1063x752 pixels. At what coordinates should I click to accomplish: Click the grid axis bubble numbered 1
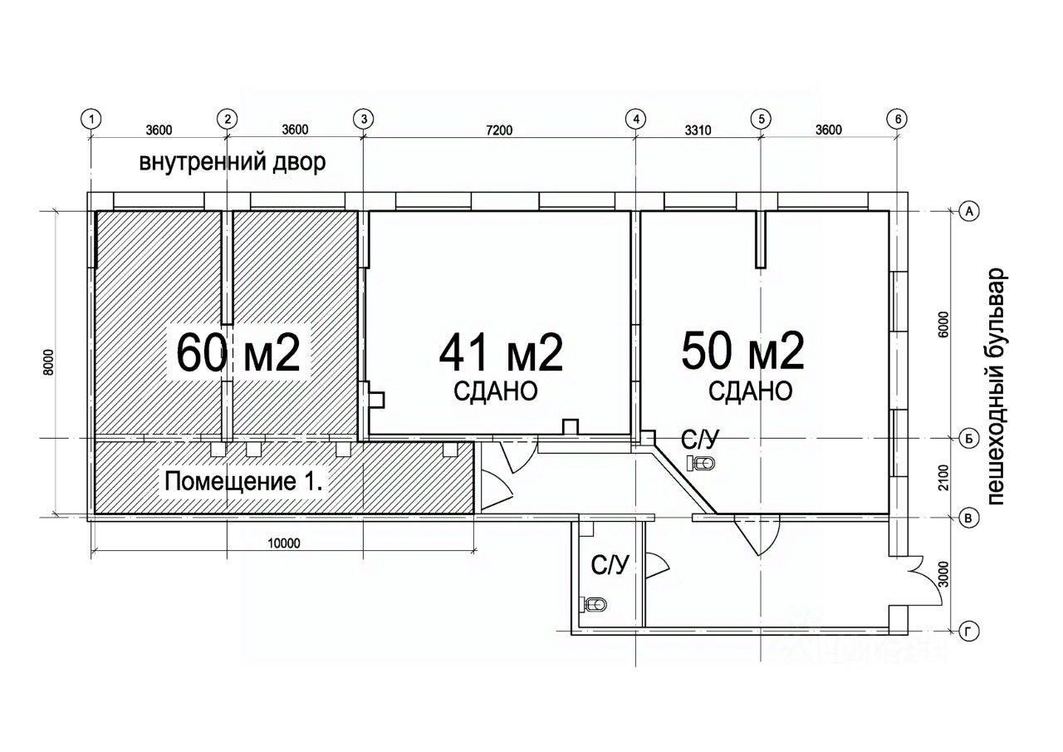point(91,119)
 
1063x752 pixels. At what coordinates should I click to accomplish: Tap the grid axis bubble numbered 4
point(636,119)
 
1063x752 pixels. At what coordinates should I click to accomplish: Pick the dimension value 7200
point(499,130)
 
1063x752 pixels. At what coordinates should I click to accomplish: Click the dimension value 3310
point(698,130)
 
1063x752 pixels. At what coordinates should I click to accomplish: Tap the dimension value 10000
point(284,543)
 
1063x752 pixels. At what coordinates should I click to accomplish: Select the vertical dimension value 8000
point(48,363)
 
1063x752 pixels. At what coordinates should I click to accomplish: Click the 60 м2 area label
point(238,354)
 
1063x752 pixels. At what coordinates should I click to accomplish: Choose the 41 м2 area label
point(501,354)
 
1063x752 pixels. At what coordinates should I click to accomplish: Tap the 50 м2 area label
point(742,351)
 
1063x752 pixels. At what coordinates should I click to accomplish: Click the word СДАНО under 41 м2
point(496,391)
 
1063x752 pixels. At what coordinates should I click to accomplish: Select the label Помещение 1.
point(243,482)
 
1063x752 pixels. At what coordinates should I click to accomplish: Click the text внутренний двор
point(233,162)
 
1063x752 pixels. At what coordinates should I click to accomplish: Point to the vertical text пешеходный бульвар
point(996,387)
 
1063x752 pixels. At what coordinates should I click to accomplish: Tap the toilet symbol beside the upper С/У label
point(702,463)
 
